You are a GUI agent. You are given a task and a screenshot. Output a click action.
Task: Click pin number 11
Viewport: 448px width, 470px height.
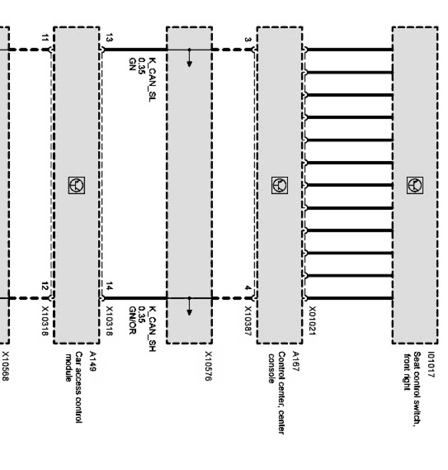[45, 37]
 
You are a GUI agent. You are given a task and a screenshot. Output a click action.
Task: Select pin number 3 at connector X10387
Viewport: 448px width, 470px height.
[248, 39]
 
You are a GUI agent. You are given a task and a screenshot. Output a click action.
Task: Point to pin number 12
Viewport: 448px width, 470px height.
[45, 286]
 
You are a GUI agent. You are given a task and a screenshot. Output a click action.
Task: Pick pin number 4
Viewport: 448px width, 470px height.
[248, 288]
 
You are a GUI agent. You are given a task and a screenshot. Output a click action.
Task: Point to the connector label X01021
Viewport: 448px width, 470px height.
[312, 322]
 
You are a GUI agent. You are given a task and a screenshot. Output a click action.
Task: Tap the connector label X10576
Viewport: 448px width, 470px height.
[208, 367]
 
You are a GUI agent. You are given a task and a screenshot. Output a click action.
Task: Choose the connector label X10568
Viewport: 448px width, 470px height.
[6, 366]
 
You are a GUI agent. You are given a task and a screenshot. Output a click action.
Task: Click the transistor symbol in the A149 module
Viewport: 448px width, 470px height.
[76, 186]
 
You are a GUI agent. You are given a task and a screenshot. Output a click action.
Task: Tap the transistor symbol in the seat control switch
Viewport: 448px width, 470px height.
[414, 185]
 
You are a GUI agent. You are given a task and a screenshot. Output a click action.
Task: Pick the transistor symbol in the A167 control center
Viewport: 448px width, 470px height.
[279, 185]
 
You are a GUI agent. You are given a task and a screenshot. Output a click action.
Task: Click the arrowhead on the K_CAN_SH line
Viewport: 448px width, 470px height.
[189, 312]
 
